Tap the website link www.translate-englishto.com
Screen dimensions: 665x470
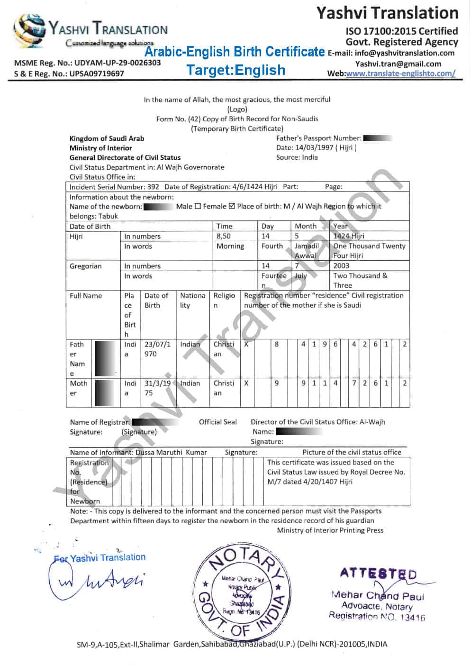(400, 73)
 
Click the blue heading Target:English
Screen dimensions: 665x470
(235, 70)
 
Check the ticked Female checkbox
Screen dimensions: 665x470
(232, 206)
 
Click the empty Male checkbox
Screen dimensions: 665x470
(198, 206)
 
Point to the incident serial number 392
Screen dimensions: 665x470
(153, 187)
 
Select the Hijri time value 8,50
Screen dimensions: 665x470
(224, 236)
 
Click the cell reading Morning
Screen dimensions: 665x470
(230, 246)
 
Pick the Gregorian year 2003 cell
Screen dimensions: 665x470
(341, 266)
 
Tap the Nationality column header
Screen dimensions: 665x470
(192, 300)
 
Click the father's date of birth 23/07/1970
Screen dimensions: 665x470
(157, 349)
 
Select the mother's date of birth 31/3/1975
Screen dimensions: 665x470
(157, 388)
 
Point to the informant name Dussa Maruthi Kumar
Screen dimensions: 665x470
(171, 452)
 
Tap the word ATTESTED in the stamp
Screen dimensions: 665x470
(378, 574)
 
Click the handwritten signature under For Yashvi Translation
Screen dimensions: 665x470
(95, 582)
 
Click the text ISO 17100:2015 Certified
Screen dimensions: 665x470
(402, 31)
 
